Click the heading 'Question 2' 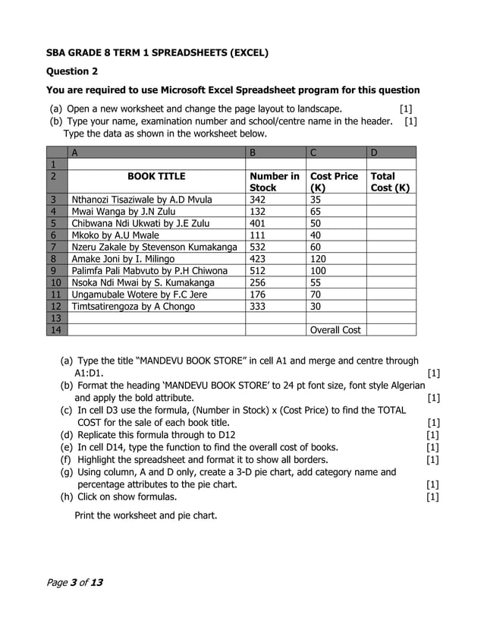(x=72, y=72)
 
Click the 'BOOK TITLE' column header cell (x=156, y=176)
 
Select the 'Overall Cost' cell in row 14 (x=335, y=330)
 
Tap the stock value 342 (x=258, y=200)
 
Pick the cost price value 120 (x=318, y=259)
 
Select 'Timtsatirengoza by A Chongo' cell (x=133, y=307)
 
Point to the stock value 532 (x=258, y=247)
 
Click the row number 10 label (x=55, y=282)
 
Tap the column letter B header (x=253, y=153)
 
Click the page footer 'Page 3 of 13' (x=74, y=582)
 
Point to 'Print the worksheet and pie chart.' (x=145, y=515)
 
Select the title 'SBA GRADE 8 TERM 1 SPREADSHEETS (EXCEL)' (x=157, y=53)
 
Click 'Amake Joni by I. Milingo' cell (x=123, y=259)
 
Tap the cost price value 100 (x=318, y=271)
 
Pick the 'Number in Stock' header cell (x=274, y=181)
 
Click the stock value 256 (x=258, y=282)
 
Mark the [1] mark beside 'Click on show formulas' (x=433, y=497)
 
